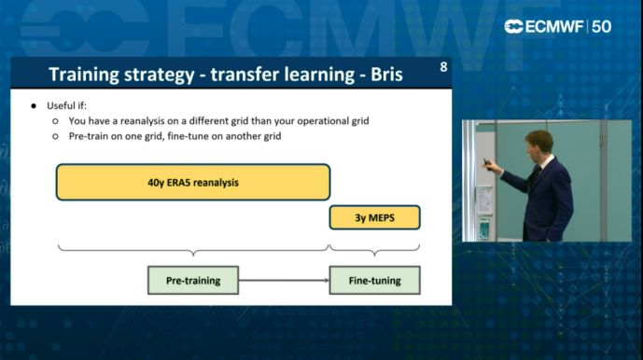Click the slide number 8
click(442, 66)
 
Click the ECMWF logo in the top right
click(545, 27)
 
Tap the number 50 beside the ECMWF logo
click(602, 27)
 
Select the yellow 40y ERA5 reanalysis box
click(193, 182)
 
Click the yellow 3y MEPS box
click(374, 217)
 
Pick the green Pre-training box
click(193, 280)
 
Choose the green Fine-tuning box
click(374, 280)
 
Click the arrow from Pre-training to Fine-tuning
click(284, 280)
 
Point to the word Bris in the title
click(384, 75)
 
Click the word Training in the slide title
click(83, 75)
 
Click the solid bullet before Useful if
click(34, 105)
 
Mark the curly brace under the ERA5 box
click(193, 250)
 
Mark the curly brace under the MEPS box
click(374, 250)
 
